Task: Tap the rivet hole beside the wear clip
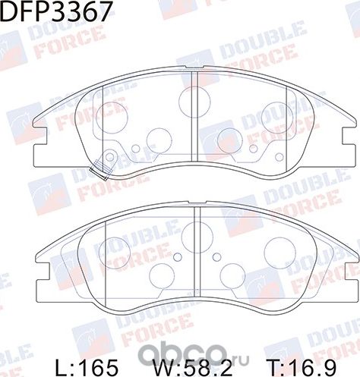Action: [109, 158]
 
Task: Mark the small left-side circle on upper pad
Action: [135, 149]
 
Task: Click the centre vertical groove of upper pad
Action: [195, 121]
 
